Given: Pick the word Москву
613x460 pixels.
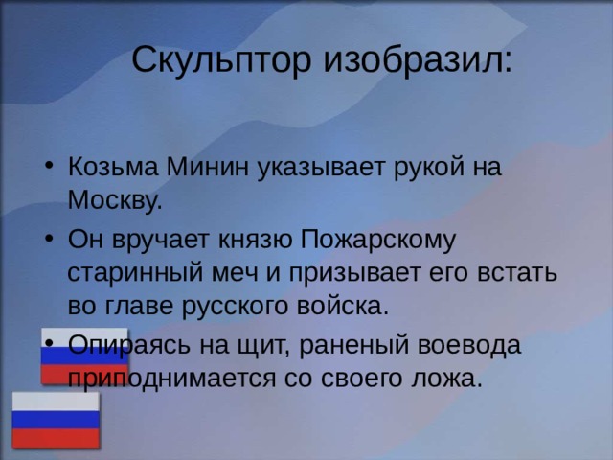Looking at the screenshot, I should pyautogui.click(x=113, y=202).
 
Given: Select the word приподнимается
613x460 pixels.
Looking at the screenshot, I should pyautogui.click(x=171, y=377).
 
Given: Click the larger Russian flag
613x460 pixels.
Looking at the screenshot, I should pyautogui.click(x=55, y=419).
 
